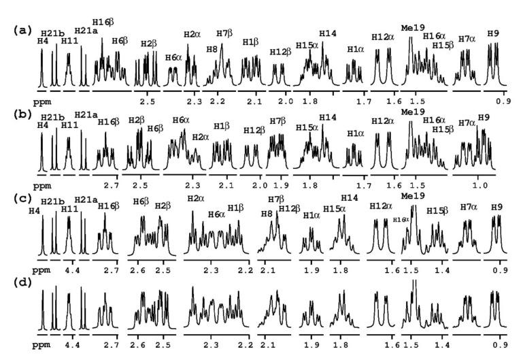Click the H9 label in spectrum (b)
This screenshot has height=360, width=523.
click(484, 118)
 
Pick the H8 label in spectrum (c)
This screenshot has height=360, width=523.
click(267, 214)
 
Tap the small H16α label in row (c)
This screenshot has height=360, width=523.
click(401, 219)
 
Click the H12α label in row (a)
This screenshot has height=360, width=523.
click(382, 37)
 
